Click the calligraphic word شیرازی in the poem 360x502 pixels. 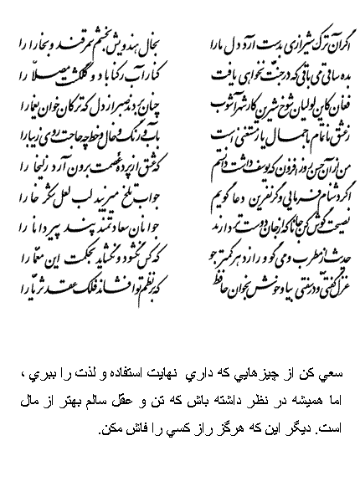[280, 38]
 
